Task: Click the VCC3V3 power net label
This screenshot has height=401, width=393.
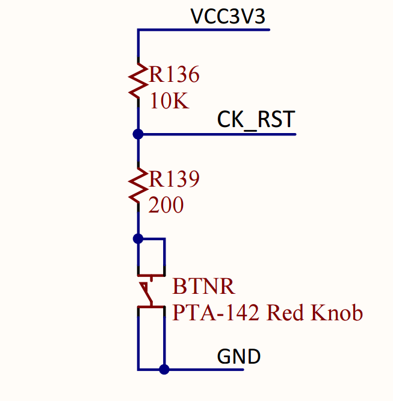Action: click(227, 16)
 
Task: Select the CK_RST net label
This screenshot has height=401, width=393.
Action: click(256, 119)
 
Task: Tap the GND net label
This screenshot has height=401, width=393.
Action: click(238, 356)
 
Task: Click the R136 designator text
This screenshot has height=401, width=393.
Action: click(174, 75)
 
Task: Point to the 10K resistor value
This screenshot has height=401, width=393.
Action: click(169, 101)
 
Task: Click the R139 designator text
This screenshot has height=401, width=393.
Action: click(174, 179)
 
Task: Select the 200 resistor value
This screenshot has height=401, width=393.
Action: click(166, 205)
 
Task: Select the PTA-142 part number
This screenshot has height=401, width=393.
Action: click(217, 313)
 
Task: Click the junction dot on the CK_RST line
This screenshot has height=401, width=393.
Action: click(138, 134)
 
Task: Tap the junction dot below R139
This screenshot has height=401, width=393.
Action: click(138, 238)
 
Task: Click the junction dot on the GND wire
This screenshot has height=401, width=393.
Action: click(163, 369)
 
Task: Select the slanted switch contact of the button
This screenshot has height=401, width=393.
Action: click(147, 294)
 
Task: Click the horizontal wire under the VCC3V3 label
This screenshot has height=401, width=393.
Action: click(205, 30)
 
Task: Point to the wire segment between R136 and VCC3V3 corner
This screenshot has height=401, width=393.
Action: click(138, 45)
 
